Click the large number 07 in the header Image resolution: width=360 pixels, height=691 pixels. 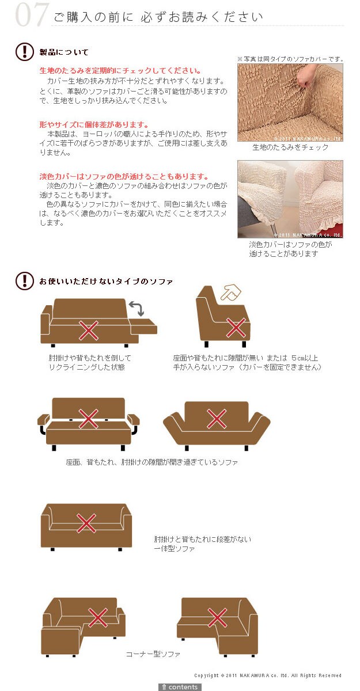(x=32, y=14)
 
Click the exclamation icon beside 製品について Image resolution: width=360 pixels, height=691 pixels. (x=25, y=51)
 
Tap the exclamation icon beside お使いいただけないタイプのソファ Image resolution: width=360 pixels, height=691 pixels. (x=25, y=281)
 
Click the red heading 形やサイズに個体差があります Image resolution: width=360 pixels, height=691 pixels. (x=94, y=124)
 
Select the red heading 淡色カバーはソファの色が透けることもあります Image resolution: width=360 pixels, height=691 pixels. (x=124, y=176)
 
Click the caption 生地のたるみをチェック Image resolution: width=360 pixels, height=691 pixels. (x=290, y=147)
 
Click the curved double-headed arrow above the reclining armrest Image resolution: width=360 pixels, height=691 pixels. (x=137, y=308)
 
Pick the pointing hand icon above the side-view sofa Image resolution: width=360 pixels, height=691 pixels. (x=231, y=292)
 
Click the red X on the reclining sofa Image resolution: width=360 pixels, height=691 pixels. (x=89, y=331)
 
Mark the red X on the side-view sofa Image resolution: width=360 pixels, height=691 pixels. (x=236, y=328)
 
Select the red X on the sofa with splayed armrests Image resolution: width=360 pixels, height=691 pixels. (x=217, y=419)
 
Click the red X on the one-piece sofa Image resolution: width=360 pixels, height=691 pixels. (x=86, y=523)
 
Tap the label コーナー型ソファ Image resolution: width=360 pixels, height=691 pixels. (x=153, y=654)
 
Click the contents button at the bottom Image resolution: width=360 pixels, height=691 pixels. (x=180, y=687)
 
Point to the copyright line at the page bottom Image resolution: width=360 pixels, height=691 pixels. (x=268, y=675)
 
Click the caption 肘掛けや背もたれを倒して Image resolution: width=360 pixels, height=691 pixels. (x=90, y=358)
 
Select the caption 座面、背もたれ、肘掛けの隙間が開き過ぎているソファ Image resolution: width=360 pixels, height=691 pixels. (x=151, y=462)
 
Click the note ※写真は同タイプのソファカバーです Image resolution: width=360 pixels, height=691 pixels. (x=290, y=59)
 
